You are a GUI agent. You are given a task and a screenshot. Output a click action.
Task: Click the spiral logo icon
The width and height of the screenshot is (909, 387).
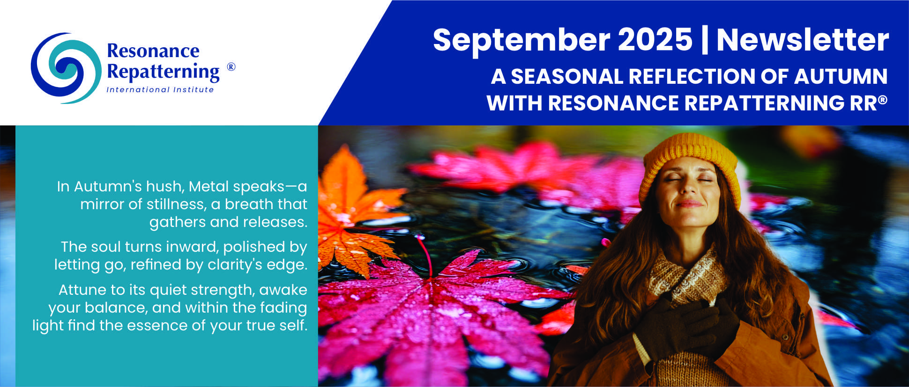(x=66, y=68)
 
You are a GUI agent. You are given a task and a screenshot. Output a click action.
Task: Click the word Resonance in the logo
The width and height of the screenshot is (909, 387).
(x=153, y=51)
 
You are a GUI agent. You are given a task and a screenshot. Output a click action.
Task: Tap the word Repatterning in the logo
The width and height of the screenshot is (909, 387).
(x=163, y=72)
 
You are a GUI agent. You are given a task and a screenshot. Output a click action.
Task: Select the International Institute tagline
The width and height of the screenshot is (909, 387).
(x=160, y=89)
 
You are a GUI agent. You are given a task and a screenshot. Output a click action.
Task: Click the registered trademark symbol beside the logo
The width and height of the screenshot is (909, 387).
(x=231, y=66)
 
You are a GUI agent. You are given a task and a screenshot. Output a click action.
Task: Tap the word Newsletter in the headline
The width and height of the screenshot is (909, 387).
(x=802, y=40)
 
